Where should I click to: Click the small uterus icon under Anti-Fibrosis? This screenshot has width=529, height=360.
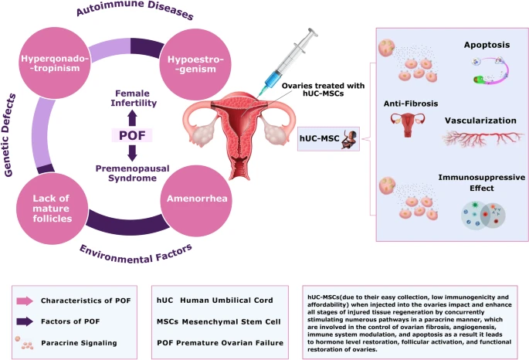click(407, 125)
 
